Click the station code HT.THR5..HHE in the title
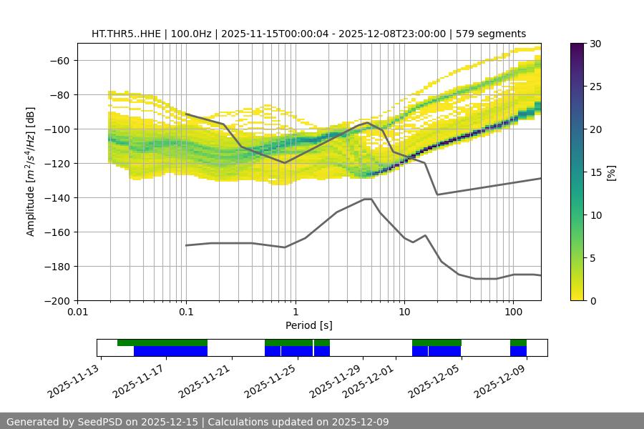pyautogui.click(x=125, y=34)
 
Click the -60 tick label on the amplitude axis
pyautogui.click(x=59, y=60)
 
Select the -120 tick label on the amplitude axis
pyautogui.click(x=56, y=163)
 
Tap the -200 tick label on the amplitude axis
pyautogui.click(x=56, y=300)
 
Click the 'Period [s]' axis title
pyautogui.click(x=308, y=325)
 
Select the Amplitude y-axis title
pyautogui.click(x=30, y=172)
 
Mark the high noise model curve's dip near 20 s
pyautogui.click(x=437, y=194)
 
